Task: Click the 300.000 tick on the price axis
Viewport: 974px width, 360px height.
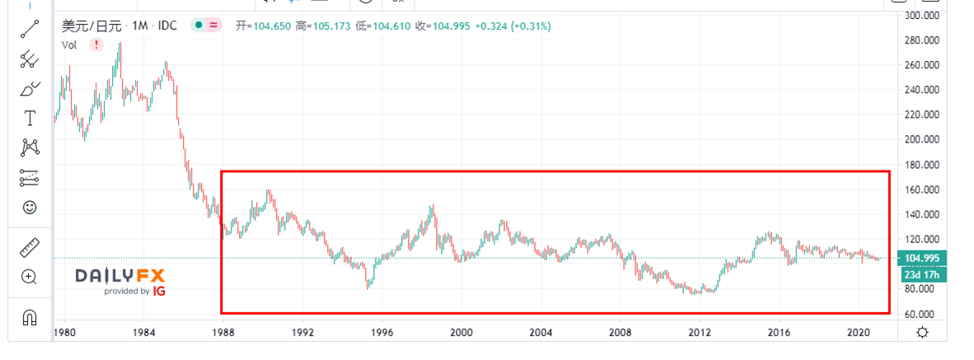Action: coord(924,15)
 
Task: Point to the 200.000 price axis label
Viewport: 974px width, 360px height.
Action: coord(924,140)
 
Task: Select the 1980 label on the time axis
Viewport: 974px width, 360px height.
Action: coord(64,333)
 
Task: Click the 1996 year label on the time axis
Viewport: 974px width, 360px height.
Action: coord(382,333)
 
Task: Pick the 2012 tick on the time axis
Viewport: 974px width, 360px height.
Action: coord(700,333)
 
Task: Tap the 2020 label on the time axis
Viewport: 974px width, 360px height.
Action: coord(858,333)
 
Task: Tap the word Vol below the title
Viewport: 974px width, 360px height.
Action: coord(69,45)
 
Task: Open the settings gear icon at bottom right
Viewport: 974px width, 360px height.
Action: coord(923,333)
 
